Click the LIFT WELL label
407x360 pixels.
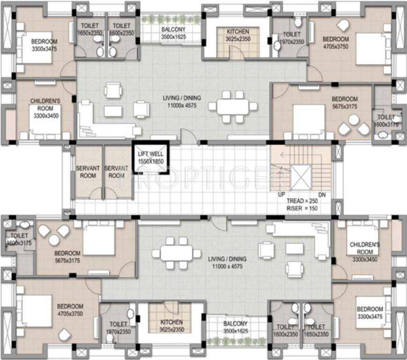coord(149,154)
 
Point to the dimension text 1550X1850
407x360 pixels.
coord(149,161)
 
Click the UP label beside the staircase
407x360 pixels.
coord(282,194)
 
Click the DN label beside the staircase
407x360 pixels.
coord(321,194)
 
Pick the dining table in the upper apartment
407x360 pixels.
coord(233,106)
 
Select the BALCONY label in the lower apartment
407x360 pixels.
coord(235,324)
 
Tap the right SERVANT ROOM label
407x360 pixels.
coord(116,172)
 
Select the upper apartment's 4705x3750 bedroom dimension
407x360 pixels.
coord(336,46)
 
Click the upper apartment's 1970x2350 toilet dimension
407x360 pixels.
coord(292,42)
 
